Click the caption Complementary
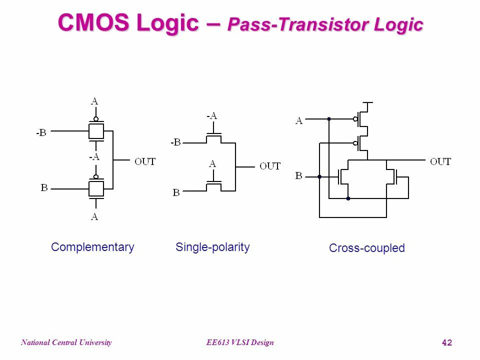point(92,247)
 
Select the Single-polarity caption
point(212,247)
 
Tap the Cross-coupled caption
point(366,248)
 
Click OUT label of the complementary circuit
point(145,161)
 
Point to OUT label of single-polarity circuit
point(270,166)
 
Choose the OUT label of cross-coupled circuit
point(440,161)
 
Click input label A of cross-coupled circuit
point(299,120)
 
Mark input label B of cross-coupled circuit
point(298,176)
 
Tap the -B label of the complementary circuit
point(41,133)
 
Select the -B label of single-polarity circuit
point(175,142)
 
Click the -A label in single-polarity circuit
point(212,116)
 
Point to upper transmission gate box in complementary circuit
point(96,131)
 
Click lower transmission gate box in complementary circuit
point(96,188)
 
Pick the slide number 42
point(447,342)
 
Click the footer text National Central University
point(66,342)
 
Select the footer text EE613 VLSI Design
point(240,342)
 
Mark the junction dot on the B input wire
point(319,176)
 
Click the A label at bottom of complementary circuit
point(94,217)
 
